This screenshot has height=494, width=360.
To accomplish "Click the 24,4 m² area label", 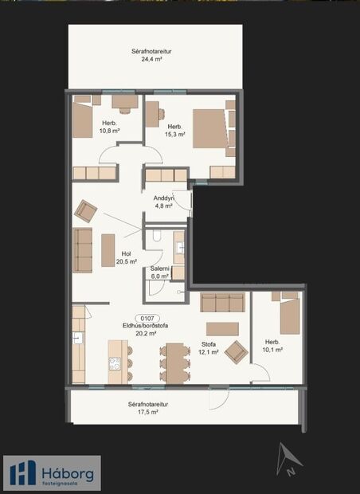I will [x=154, y=59].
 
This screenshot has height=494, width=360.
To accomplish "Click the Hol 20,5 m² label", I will [x=127, y=257].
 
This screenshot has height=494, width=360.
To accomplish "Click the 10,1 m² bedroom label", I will [x=273, y=348].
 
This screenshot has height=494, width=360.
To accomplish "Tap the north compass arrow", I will [x=287, y=460].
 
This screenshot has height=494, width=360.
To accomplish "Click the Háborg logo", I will [x=53, y=471].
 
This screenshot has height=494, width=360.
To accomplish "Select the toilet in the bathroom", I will [x=157, y=236].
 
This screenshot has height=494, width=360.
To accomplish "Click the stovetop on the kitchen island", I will [x=115, y=364].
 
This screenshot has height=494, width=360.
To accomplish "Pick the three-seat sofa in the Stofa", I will [x=222, y=301].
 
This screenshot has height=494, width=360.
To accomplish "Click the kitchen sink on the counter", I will [x=77, y=338].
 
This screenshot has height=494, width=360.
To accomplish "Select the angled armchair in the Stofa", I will [x=236, y=351].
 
